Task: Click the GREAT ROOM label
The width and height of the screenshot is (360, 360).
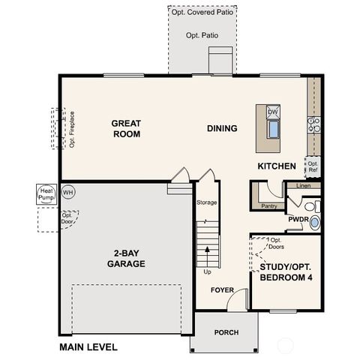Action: (127, 128)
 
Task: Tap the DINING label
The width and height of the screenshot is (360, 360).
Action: (222, 128)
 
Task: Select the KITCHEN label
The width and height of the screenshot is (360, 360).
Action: (277, 166)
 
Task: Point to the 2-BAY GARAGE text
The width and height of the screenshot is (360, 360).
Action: (125, 258)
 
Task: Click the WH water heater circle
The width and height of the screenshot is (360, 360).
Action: (68, 192)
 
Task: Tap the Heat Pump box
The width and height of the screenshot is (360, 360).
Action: (46, 195)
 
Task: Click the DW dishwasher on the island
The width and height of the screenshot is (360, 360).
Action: (273, 112)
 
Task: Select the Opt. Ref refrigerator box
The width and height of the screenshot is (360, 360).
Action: (313, 166)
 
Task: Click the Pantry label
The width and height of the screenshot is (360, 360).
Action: (268, 205)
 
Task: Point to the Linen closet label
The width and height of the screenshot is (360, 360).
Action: (303, 185)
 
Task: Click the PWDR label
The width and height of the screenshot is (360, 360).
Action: (298, 220)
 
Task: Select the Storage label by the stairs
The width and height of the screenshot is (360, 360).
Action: (207, 202)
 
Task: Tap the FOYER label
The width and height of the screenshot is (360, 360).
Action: (223, 289)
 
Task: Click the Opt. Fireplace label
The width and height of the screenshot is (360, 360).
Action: (73, 132)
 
